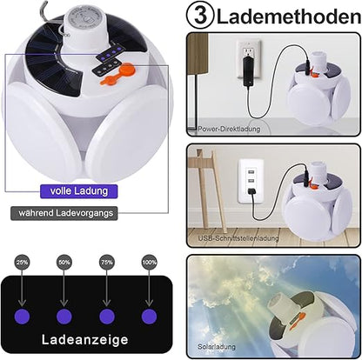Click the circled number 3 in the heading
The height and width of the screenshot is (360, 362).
point(200,17)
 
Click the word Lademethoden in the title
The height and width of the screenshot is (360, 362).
point(289,17)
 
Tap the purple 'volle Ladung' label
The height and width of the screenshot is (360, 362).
point(78,191)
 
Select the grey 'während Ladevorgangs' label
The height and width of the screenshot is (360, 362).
point(64,213)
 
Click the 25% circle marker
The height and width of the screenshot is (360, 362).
point(22,263)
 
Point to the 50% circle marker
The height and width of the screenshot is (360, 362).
point(64,263)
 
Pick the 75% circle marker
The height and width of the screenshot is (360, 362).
point(107,263)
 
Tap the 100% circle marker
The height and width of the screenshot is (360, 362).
point(149,263)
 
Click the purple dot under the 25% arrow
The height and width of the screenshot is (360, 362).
point(22,317)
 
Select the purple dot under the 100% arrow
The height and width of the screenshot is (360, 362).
point(149,317)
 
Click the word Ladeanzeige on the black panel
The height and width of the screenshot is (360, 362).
point(84,340)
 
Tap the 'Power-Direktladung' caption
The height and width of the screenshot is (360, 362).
point(229,129)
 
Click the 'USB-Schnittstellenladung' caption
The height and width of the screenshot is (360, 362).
point(238,238)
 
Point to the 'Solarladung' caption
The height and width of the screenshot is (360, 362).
point(217,347)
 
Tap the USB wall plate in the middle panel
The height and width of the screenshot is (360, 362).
point(251,181)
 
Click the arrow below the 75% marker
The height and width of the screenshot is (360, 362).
point(107,289)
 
